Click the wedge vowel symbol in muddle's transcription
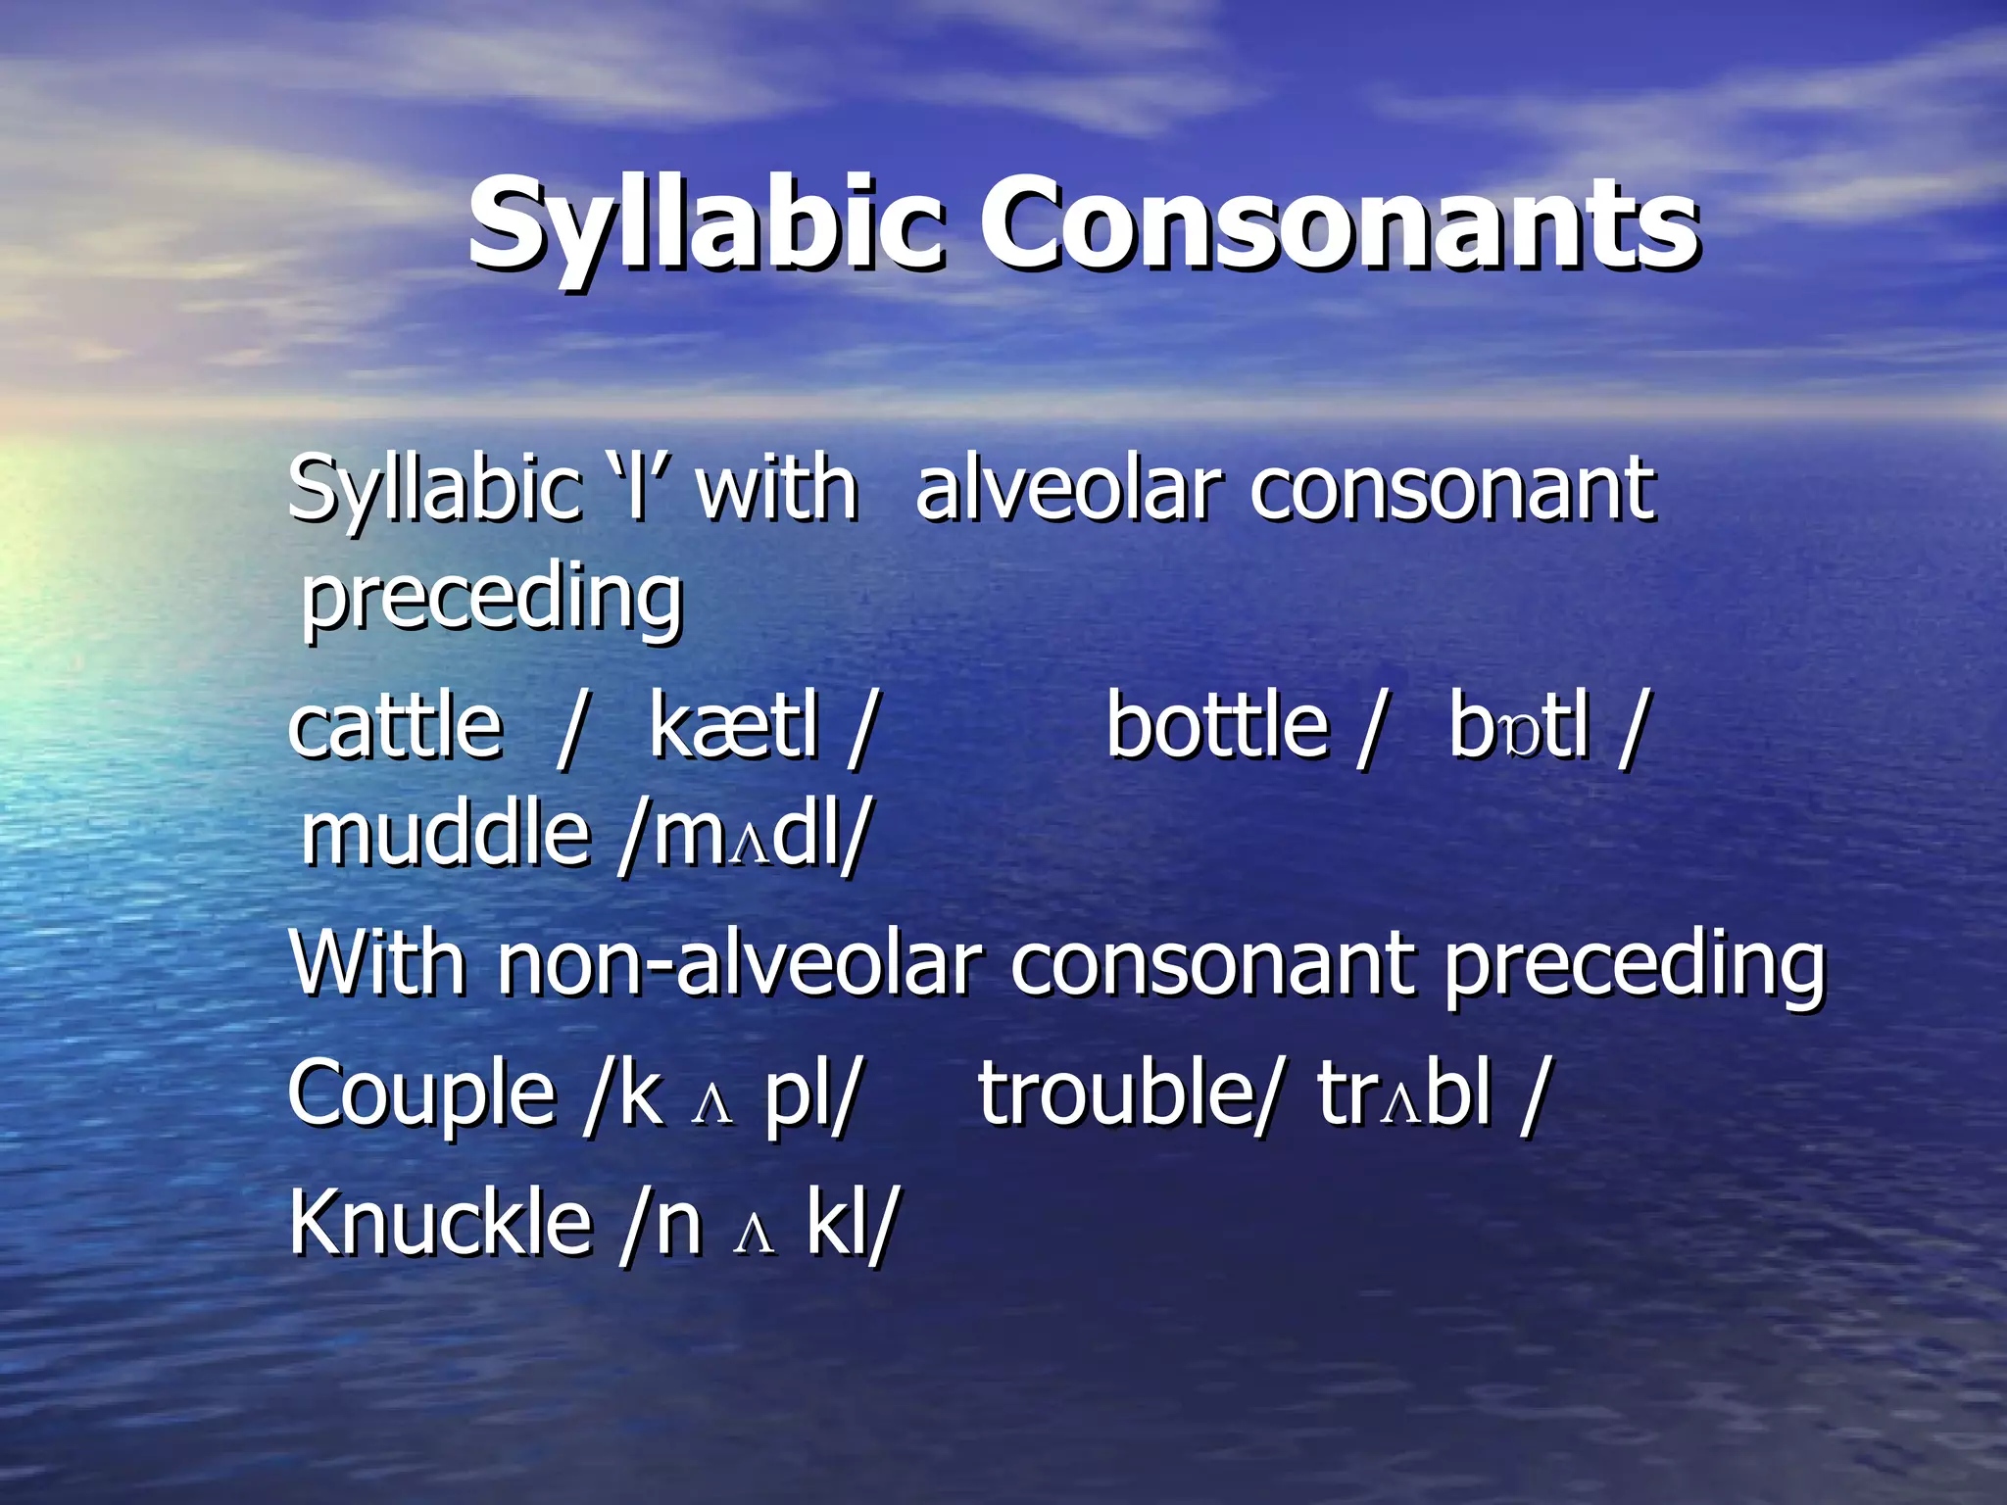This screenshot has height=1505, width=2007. coord(752,845)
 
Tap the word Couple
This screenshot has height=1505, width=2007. coord(421,1092)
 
